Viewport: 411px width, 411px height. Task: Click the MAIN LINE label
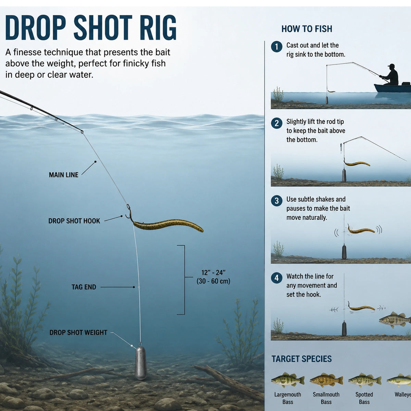coord(64,175)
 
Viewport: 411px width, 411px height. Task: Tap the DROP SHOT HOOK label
coord(74,221)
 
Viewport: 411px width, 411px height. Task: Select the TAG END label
coord(84,287)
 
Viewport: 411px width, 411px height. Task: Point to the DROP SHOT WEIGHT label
coord(78,333)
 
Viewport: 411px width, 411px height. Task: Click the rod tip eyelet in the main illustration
coord(82,132)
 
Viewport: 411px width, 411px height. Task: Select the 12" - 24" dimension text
coord(213,272)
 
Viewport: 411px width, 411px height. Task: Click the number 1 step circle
coord(277,47)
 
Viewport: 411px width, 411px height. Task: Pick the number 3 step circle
coord(277,201)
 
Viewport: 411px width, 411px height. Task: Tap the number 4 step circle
coord(277,278)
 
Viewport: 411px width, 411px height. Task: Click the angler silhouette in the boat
coord(390,75)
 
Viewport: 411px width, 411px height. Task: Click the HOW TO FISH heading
coord(307,29)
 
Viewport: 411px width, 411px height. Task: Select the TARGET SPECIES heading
coord(302,359)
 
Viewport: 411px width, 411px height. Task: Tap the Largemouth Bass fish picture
coord(288,380)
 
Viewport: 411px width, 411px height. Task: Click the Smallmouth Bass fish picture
coord(326,380)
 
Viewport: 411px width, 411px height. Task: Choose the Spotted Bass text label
coord(364,398)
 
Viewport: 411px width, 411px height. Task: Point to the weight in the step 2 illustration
coord(344,175)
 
